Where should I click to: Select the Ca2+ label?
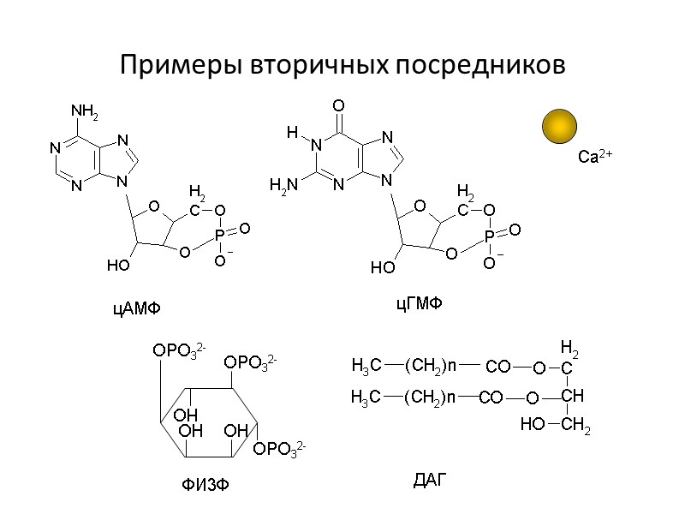coord(594,157)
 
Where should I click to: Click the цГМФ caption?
coord(417,304)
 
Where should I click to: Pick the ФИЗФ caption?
coord(205,486)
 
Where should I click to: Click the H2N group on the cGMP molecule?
coord(283,183)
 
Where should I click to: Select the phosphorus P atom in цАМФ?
coord(220,232)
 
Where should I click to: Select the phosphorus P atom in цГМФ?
coord(489,235)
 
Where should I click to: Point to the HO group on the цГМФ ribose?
coord(382,268)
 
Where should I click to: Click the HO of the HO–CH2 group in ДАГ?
coord(532,423)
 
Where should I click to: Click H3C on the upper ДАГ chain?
coord(366,367)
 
